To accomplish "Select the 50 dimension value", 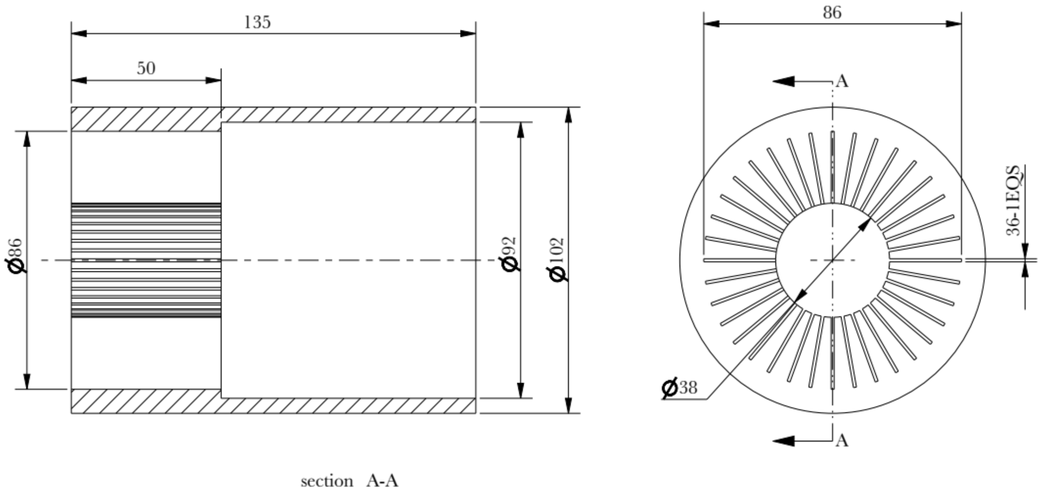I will click(146, 69).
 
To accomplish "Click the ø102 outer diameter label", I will click(557, 260).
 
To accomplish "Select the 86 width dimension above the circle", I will click(832, 13).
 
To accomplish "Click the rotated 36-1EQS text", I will click(1014, 201).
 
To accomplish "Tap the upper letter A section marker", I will click(842, 82).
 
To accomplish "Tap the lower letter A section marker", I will click(842, 441).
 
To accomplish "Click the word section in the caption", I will click(327, 481).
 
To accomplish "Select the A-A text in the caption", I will click(382, 481).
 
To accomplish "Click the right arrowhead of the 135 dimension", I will click(468, 33).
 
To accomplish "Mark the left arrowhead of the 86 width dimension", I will click(711, 24).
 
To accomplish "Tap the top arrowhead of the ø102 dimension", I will click(568, 115).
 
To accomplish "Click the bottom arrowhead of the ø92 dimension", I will click(521, 390).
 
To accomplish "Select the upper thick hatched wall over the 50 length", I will click(146, 119).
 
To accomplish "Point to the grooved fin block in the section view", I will click(146, 260).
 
